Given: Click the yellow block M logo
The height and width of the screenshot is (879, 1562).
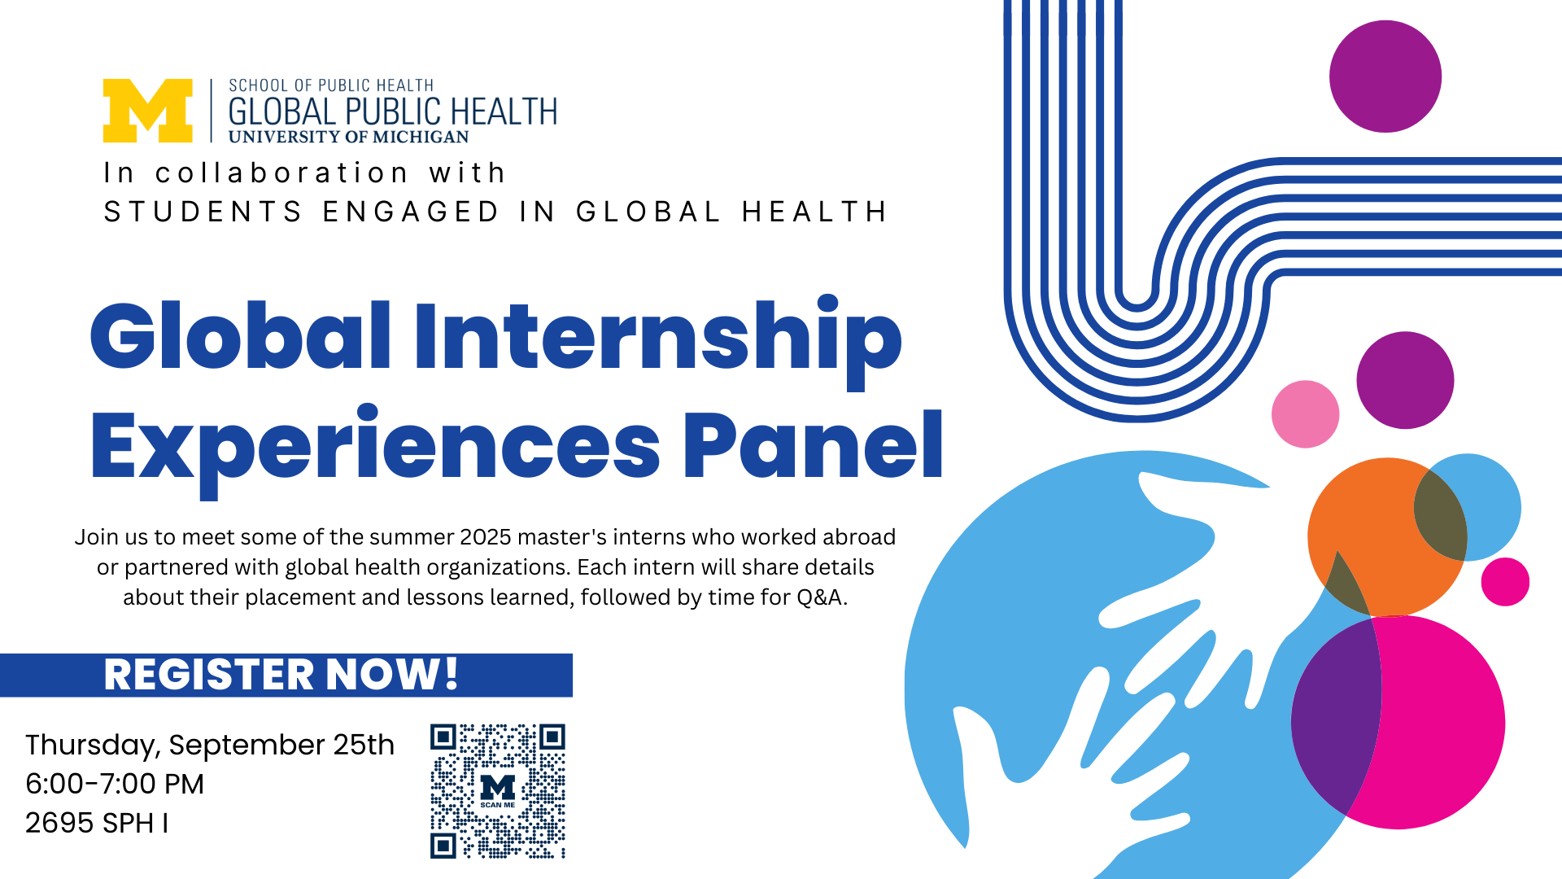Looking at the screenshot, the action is point(148,111).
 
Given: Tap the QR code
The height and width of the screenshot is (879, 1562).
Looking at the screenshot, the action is point(498,791).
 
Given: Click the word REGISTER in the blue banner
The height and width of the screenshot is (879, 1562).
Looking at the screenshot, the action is point(209,675).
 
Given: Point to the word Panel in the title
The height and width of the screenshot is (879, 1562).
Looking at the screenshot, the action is point(813,444).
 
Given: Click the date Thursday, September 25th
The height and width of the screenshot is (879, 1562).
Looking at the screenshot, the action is point(210,746).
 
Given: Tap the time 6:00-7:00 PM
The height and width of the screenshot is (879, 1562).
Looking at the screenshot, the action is point(115,784).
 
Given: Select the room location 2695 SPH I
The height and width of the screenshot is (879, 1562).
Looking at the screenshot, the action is point(97,823).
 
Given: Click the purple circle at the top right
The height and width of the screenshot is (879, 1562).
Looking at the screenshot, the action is point(1385,77).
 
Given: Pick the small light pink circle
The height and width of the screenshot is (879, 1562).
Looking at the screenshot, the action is point(1306,414).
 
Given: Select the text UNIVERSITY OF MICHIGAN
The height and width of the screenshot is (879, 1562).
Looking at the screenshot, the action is point(349,137).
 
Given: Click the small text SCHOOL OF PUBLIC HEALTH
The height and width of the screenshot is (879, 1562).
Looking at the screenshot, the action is point(331,85).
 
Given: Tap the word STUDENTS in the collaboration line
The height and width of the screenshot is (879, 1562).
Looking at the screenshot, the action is point(203,212).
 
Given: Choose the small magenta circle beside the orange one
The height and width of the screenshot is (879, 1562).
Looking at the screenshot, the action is point(1505,582).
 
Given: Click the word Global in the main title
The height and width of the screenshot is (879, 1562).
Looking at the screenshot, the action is point(241,335).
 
